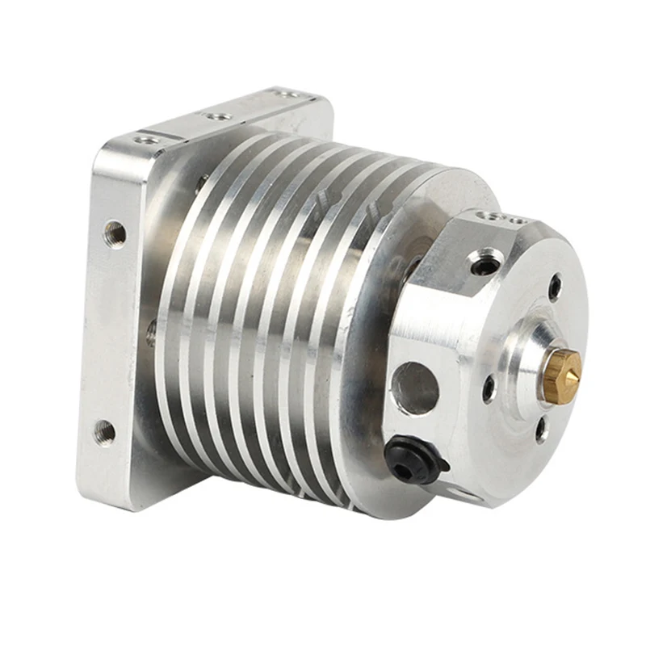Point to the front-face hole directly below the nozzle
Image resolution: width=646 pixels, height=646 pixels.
tap(542, 430)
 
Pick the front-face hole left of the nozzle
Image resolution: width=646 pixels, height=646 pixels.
tap(489, 388)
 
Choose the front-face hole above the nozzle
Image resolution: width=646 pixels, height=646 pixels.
tap(555, 286)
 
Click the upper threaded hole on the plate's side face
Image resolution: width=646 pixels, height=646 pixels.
tap(115, 234)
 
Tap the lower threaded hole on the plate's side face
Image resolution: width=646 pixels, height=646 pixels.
tap(104, 433)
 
